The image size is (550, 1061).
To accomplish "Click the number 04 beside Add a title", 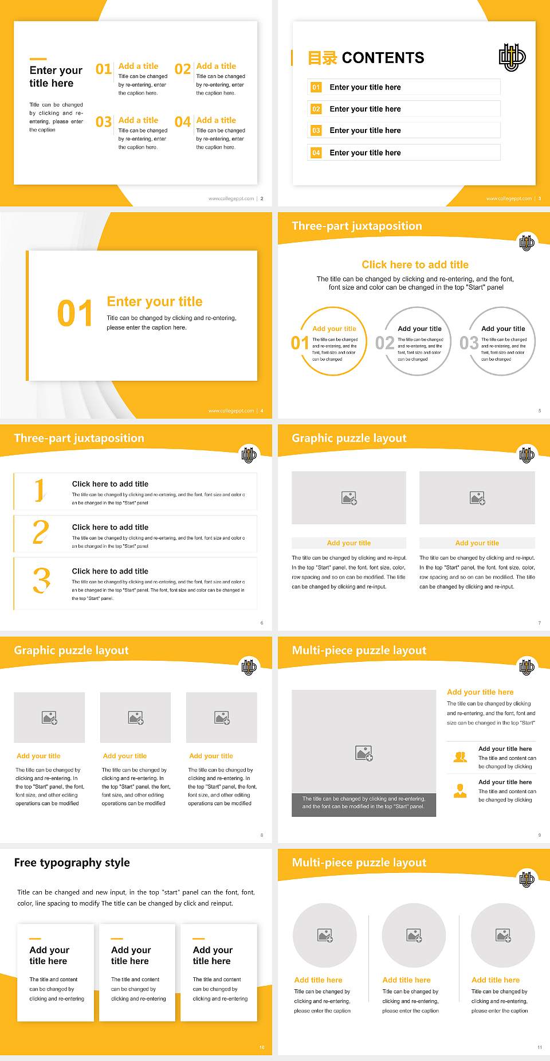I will (183, 122).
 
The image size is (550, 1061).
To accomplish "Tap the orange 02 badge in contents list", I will (316, 109).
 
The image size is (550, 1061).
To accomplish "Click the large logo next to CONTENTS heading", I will (512, 57).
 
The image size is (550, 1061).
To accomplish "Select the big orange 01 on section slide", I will (75, 314).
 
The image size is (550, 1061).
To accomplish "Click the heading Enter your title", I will (155, 302).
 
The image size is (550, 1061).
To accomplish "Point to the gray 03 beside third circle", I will (469, 343).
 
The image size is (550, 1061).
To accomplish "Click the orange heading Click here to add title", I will (415, 264).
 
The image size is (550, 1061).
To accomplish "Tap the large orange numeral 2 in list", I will (41, 532).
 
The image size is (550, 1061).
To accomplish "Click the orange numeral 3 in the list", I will (41, 580).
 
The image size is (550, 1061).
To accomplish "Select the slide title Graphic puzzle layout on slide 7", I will (349, 438).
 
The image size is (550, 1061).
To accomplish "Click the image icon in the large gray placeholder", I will (364, 753).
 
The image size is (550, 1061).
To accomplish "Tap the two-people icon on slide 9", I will (460, 757).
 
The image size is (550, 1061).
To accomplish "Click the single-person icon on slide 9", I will (460, 791).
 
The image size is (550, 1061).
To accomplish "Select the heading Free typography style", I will (72, 863).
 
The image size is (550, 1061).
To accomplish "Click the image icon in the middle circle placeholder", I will (414, 935).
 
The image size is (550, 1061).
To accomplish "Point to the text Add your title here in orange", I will (480, 692).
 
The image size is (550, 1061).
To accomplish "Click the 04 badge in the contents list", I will (316, 153).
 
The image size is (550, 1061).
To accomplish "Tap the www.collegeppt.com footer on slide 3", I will (508, 198).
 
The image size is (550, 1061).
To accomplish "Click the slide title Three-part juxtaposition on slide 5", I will (356, 226).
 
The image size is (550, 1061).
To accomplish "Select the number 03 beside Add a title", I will (104, 122).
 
